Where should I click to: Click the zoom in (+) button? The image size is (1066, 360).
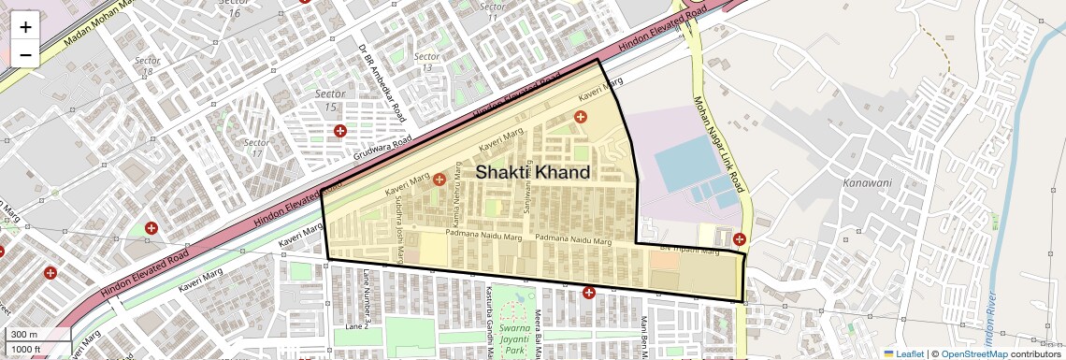point(25,26)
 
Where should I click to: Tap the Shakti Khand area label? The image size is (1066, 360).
point(533,173)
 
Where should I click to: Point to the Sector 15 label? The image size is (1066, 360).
point(330,101)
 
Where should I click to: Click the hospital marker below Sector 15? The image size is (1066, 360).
point(340,132)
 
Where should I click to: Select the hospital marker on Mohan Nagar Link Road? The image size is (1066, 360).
point(739,239)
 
